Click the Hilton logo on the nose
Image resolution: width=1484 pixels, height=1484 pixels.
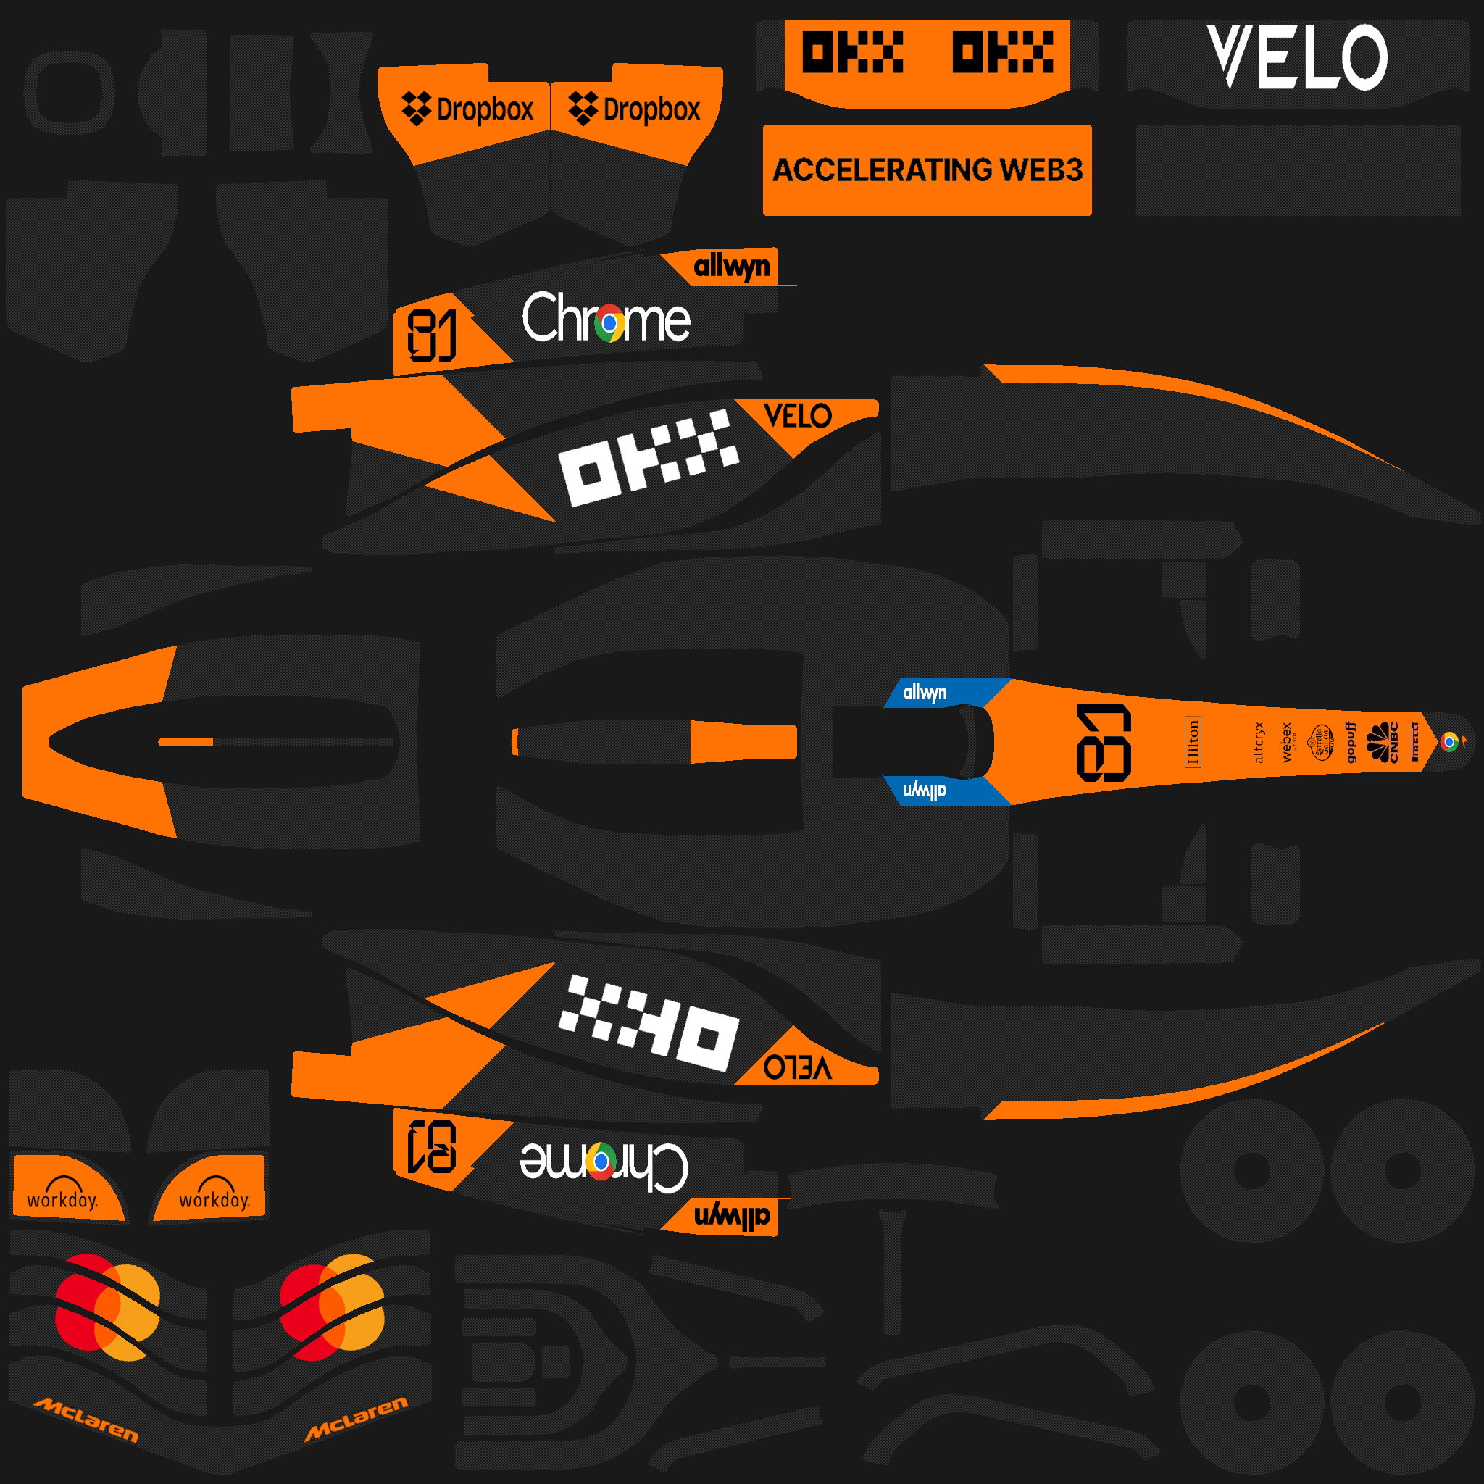1193,742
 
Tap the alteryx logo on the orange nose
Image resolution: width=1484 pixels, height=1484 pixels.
1259,742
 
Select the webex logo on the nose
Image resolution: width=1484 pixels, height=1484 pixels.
1288,742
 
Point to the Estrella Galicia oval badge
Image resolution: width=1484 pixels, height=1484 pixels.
1321,742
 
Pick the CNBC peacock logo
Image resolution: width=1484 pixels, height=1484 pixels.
1384,742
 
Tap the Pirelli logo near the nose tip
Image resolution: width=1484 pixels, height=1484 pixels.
1415,742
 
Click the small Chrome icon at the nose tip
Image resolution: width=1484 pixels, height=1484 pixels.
1448,742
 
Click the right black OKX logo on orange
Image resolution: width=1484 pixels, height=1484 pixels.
1002,52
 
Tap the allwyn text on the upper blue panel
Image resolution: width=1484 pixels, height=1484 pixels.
924,692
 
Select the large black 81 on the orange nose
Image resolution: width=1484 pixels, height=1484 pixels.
1104,743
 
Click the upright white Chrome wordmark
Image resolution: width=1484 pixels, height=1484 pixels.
606,319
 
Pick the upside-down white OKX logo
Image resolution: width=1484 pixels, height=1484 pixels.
649,1023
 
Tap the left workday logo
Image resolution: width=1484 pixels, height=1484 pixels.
62,1193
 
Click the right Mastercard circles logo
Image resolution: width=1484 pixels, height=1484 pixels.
331,1307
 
